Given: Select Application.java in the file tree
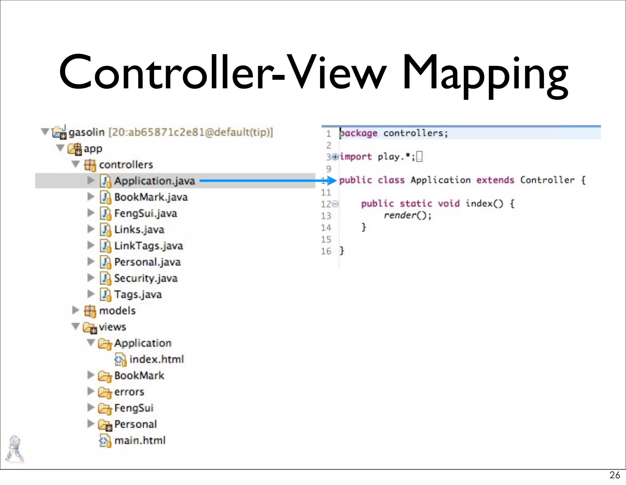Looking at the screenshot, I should (x=154, y=181).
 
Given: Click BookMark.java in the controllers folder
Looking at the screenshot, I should (x=151, y=197).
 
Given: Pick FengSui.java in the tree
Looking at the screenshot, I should (x=145, y=213).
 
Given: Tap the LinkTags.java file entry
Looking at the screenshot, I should (x=149, y=246).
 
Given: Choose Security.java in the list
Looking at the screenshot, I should (x=145, y=278).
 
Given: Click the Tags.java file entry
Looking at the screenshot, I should (x=138, y=294).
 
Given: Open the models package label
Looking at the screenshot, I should (x=117, y=311).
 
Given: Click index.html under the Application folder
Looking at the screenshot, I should (x=156, y=359).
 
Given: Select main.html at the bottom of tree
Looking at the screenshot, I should (x=140, y=440).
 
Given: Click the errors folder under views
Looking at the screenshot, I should (x=129, y=392).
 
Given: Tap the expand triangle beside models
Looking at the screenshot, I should (x=75, y=310).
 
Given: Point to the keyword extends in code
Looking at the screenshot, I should (x=495, y=180).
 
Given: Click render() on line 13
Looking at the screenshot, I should (x=407, y=215).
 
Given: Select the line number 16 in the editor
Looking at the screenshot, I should (x=326, y=251).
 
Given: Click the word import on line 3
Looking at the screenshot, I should (x=356, y=157).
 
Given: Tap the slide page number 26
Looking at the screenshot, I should (x=614, y=475).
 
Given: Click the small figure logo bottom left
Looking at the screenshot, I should (x=14, y=449).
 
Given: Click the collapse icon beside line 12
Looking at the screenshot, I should (x=335, y=204).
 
